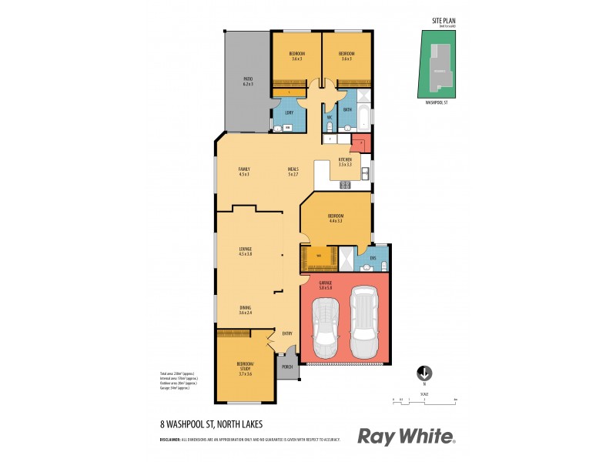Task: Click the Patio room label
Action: point(248,81)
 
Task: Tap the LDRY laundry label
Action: point(289,114)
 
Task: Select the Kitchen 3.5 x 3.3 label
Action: point(344,162)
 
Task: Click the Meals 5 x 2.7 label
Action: point(293,171)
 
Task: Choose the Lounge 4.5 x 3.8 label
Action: point(246,251)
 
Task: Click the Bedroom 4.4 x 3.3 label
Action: point(335,218)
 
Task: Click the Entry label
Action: point(287,333)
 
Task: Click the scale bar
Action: point(424,401)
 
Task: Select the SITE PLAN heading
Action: point(439,22)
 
